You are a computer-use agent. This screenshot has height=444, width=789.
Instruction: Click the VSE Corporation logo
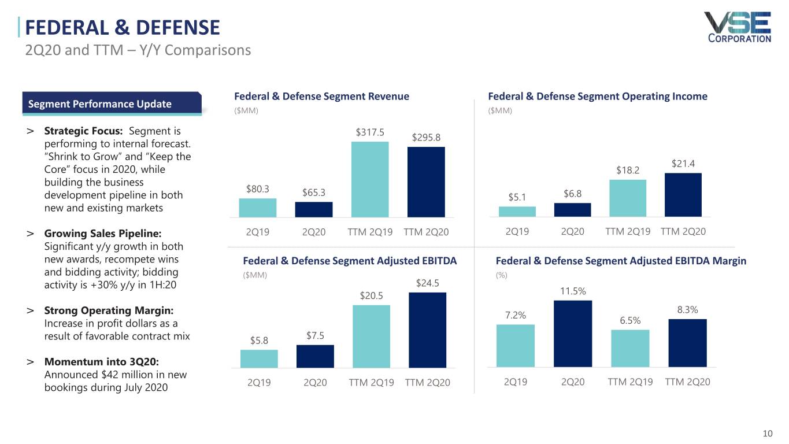[x=737, y=27]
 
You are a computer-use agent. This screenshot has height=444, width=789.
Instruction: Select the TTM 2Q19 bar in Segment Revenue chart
[x=370, y=179]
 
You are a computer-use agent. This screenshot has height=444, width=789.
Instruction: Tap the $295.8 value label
[x=426, y=137]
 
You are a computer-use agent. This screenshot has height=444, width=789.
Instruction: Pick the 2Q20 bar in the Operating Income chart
[x=572, y=209]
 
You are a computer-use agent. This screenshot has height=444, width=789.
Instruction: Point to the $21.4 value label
[x=683, y=164]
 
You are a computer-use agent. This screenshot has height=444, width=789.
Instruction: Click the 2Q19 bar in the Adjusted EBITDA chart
[x=259, y=358]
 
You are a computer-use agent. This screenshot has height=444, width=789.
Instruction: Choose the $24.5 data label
[x=428, y=283]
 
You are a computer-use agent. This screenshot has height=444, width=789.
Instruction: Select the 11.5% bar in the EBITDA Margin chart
[x=572, y=334]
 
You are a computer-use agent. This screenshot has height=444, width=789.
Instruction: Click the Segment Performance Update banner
[x=112, y=104]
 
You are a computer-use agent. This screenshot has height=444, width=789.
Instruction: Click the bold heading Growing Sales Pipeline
[x=103, y=234]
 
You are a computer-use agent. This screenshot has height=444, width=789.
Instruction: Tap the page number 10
[x=768, y=434]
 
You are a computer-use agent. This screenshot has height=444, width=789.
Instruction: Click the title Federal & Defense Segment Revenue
[x=321, y=97]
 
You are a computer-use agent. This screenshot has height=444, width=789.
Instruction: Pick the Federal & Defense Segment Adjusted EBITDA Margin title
[x=621, y=261]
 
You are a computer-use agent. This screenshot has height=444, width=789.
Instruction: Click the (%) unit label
[x=501, y=275]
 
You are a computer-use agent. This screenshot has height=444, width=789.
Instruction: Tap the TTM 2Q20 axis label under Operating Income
[x=683, y=231]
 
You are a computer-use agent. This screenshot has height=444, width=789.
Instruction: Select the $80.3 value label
[x=258, y=188]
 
